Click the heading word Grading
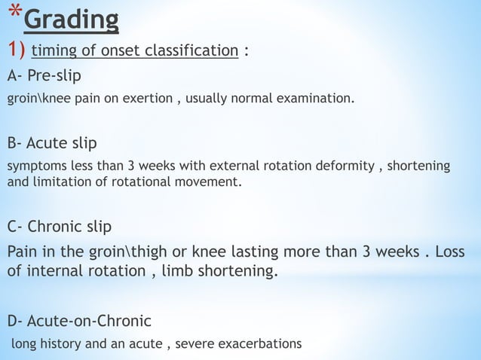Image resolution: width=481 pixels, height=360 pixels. click(71, 20)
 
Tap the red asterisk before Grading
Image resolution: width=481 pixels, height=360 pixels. click(13, 17)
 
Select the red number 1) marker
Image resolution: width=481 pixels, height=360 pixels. click(17, 50)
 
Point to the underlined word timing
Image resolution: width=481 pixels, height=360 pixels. click(53, 51)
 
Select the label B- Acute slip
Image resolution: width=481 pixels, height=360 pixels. click(52, 143)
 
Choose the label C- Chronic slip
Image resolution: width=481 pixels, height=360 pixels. click(60, 227)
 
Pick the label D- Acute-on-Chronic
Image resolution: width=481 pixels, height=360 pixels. click(79, 322)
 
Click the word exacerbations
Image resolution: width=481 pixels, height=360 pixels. click(259, 344)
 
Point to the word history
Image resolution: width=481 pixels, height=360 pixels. click(61, 344)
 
